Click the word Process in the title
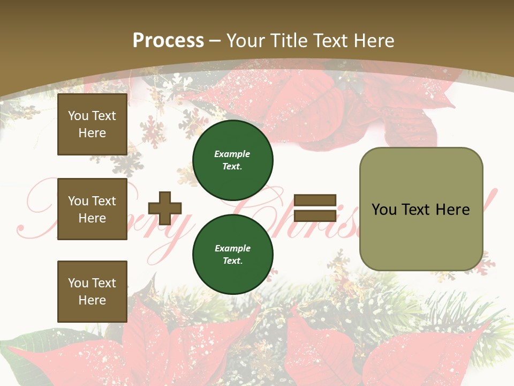pos(168,41)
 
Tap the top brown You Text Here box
pos(92,124)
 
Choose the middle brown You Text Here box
pos(92,209)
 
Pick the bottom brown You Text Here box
pos(92,292)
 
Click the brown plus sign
pos(165,208)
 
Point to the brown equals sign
pos(315,208)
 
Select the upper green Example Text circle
pos(233,160)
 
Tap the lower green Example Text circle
pos(233,254)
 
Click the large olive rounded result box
pos(421,209)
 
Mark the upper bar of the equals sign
pos(315,201)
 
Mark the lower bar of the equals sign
pos(315,216)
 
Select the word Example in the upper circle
pos(232,154)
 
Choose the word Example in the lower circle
pos(232,248)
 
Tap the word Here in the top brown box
pos(92,133)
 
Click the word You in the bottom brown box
pos(78,283)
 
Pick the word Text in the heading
pos(330,41)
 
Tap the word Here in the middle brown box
pos(92,218)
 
